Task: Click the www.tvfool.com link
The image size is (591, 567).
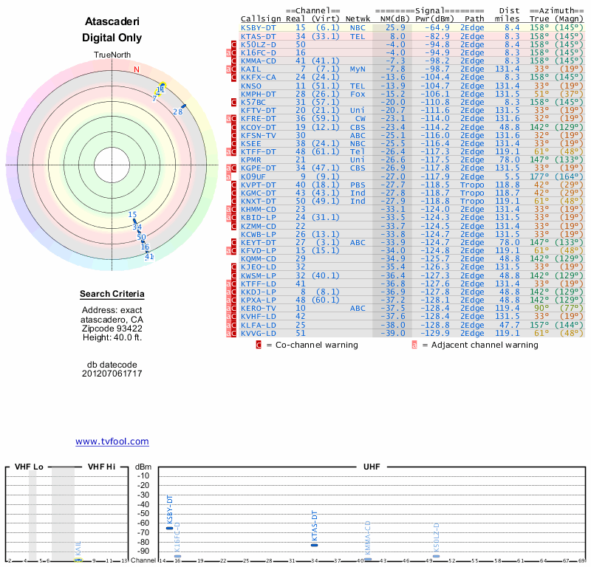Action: pyautogui.click(x=112, y=441)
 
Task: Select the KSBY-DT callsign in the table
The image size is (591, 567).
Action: pyautogui.click(x=258, y=27)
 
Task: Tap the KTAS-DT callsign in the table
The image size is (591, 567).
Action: pyautogui.click(x=258, y=35)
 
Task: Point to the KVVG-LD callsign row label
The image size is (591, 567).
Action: pyautogui.click(x=258, y=333)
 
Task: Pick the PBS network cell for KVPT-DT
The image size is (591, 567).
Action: pyautogui.click(x=358, y=185)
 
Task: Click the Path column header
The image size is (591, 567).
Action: pyautogui.click(x=475, y=18)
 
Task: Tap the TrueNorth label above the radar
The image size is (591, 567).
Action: pyautogui.click(x=112, y=56)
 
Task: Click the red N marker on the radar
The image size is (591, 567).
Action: pyautogui.click(x=136, y=70)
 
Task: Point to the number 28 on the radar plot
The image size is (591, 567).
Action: pyautogui.click(x=177, y=111)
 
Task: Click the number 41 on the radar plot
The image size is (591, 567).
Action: pyautogui.click(x=149, y=256)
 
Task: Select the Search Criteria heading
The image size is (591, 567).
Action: pyautogui.click(x=112, y=295)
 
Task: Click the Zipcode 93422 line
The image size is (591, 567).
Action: pyautogui.click(x=112, y=329)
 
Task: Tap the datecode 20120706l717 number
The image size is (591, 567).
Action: pyautogui.click(x=112, y=374)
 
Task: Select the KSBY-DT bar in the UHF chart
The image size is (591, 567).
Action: pyautogui.click(x=170, y=528)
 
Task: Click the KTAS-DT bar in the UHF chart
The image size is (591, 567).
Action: pyautogui.click(x=315, y=544)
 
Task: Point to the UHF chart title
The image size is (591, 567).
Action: pyautogui.click(x=372, y=467)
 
